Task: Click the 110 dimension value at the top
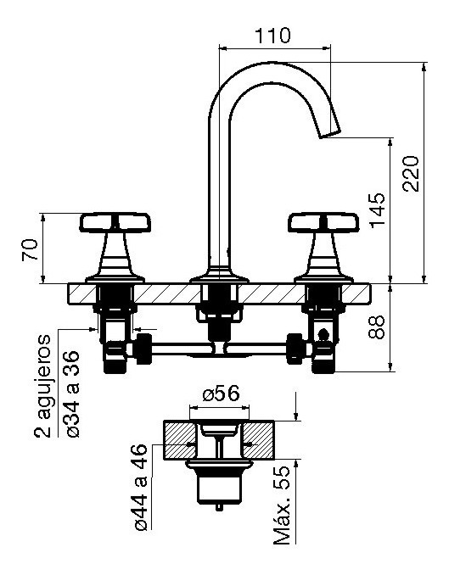272,36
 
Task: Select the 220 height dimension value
411,174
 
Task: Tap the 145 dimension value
378,209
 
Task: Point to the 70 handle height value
30,249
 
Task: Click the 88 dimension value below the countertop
377,327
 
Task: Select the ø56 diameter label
221,394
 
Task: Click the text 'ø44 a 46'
142,488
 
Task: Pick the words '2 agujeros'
43,386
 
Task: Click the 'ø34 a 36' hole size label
72,394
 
